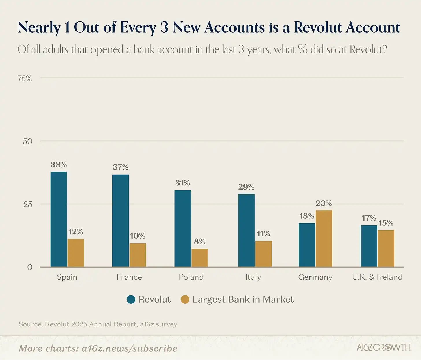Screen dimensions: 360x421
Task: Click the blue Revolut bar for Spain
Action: [x=59, y=219]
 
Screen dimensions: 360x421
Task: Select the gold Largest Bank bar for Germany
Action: [x=324, y=239]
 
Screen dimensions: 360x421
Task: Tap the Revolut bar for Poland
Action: [x=183, y=229]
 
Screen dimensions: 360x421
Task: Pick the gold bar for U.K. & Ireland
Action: [x=386, y=248]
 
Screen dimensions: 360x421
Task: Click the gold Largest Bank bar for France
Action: [x=138, y=255]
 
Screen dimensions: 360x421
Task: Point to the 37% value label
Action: [x=121, y=167]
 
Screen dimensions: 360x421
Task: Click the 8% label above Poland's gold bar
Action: [x=200, y=242]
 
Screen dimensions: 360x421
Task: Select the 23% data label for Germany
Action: [x=324, y=203]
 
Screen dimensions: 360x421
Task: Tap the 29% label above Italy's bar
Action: [x=246, y=187]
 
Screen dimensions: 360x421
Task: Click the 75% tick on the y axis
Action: [x=25, y=79]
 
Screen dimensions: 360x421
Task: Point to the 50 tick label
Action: [x=27, y=141]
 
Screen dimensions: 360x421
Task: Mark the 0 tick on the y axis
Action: [x=29, y=267]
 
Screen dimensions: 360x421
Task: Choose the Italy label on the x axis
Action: [x=253, y=277]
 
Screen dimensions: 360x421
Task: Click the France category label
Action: [x=129, y=277]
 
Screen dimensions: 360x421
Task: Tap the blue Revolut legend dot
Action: [x=131, y=299]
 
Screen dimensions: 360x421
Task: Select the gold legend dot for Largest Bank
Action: [x=185, y=299]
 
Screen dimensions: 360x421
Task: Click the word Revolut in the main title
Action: [x=318, y=28]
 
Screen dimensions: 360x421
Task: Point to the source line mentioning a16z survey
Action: [x=98, y=324]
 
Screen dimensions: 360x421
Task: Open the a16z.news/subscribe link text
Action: [x=129, y=348]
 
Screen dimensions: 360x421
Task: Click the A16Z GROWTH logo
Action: [x=383, y=347]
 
